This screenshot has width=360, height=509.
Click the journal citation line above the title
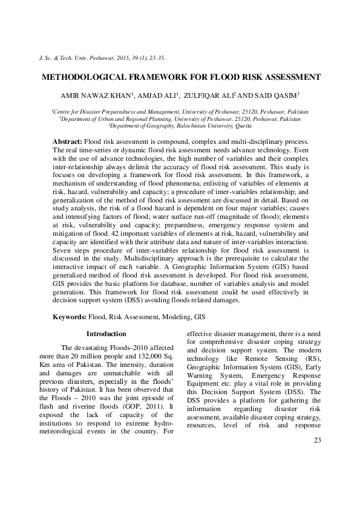pyautogui.click(x=101, y=58)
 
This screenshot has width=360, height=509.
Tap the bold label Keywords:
pyautogui.click(x=70, y=316)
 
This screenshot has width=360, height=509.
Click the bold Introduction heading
pyautogui.click(x=106, y=334)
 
